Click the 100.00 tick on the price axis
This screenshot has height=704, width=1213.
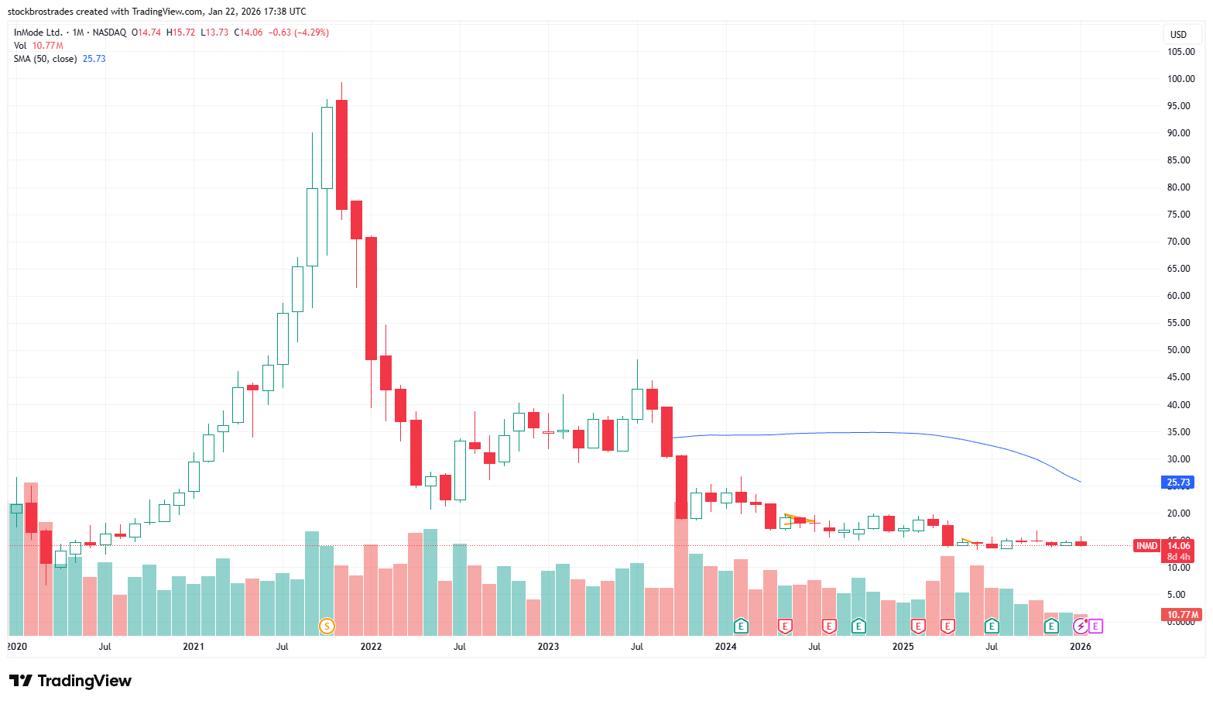[x=1180, y=79]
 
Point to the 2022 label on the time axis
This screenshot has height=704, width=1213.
[x=371, y=647]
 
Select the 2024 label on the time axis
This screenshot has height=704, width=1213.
[x=725, y=647]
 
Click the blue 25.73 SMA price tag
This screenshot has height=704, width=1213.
[x=1178, y=482]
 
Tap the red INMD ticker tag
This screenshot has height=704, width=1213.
[x=1146, y=546]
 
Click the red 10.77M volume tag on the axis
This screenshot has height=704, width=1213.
[x=1182, y=615]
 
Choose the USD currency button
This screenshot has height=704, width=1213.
[x=1178, y=35]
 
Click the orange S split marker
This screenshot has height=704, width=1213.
[x=327, y=626]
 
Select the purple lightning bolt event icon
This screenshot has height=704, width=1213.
[x=1080, y=626]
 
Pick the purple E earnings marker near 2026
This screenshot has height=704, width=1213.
[x=1095, y=626]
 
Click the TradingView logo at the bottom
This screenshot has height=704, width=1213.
[x=70, y=681]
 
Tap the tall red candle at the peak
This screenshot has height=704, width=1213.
[x=341, y=155]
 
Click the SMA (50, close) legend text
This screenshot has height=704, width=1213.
[x=45, y=59]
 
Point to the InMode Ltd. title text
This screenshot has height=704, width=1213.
[x=38, y=33]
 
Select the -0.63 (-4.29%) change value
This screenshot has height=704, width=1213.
[x=299, y=33]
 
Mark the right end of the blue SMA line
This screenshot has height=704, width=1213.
[x=1080, y=482]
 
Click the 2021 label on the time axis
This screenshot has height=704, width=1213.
[x=194, y=647]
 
